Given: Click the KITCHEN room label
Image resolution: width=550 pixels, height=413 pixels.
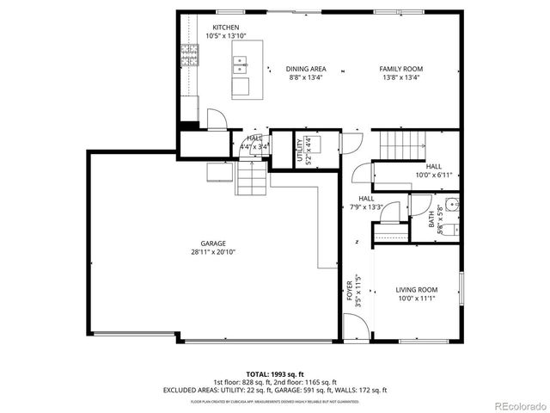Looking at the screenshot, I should pos(215,28).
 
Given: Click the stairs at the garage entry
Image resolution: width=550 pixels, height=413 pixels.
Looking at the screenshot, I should pos(250,180).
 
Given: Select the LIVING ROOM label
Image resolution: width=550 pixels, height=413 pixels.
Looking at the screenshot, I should pos(417,290).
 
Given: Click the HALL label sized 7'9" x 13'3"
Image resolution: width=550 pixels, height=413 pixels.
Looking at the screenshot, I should pos(366,203).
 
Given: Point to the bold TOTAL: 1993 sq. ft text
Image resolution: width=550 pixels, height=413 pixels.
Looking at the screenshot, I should pos(275,375).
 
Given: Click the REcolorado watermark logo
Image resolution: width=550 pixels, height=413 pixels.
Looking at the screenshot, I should pos(519,405).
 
